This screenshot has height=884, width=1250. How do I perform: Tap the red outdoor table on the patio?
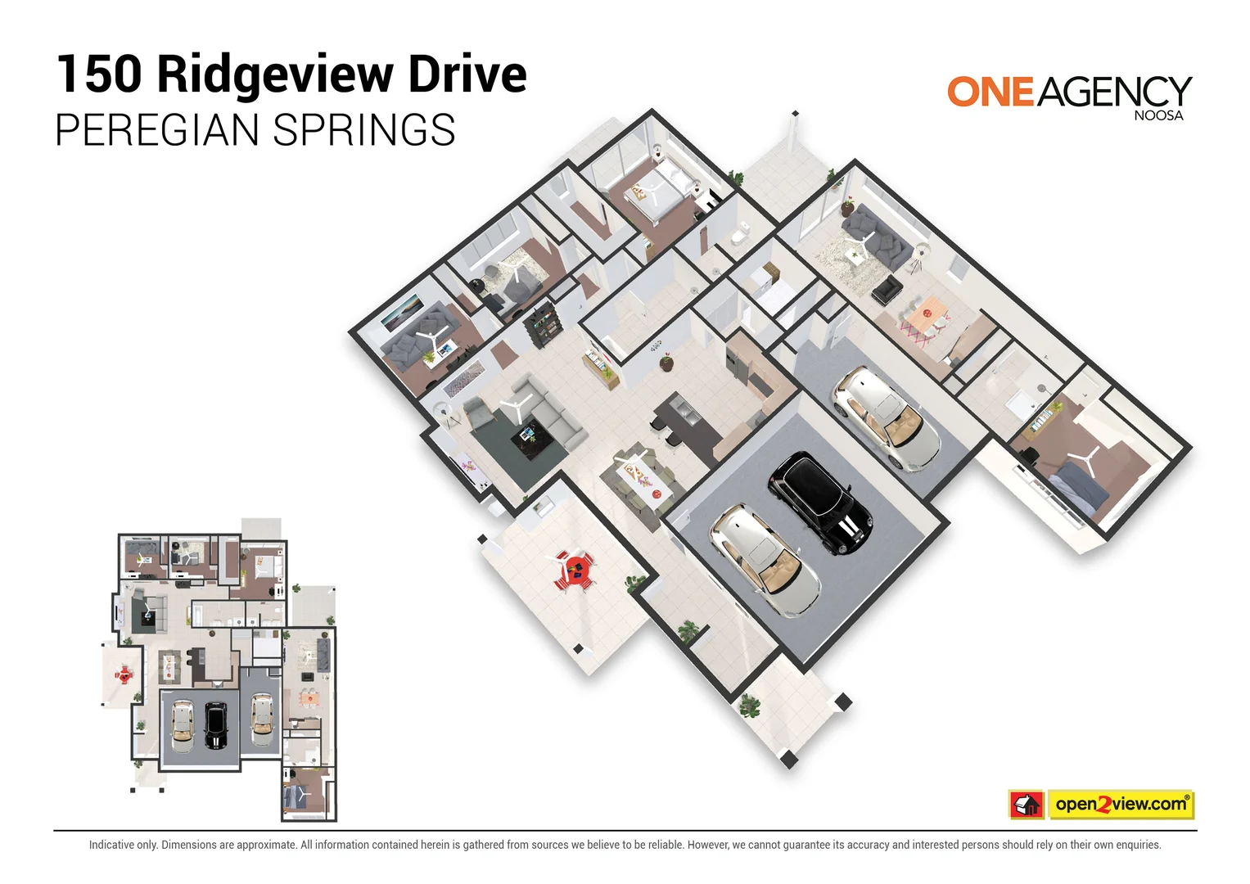click(576, 568)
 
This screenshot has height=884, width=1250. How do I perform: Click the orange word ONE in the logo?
click(991, 92)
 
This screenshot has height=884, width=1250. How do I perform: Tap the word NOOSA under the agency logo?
click(1158, 116)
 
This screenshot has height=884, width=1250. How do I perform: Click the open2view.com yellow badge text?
click(1120, 805)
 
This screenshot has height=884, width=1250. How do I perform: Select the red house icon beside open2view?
click(1027, 805)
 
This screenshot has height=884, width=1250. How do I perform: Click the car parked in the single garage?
click(887, 417)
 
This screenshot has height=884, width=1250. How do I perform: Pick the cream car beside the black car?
click(765, 559)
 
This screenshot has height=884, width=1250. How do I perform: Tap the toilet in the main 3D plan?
click(738, 236)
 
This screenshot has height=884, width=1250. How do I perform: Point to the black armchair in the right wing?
click(887, 288)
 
